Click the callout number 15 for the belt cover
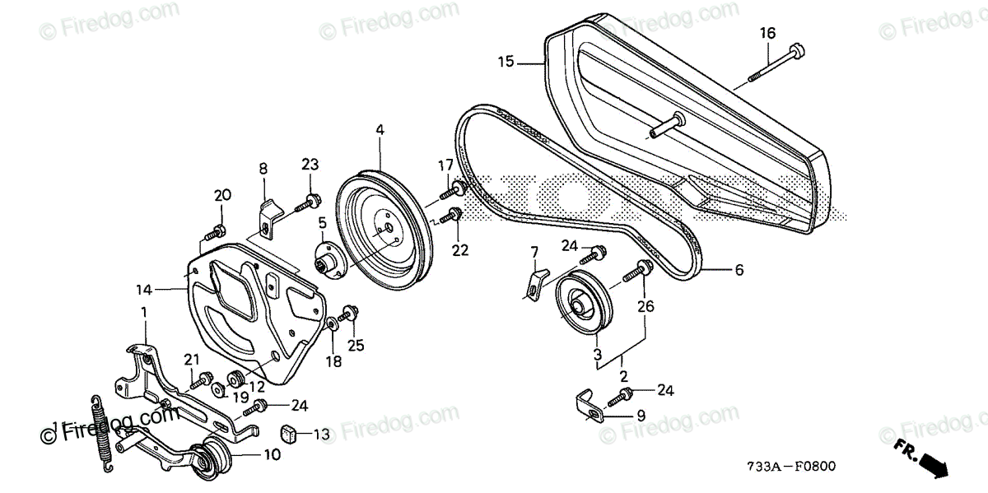pos(506,61)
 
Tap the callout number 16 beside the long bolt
pos(767,34)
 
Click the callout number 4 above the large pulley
pos(380,130)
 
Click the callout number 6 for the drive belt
pos(739,269)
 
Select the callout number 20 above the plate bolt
pos(222,195)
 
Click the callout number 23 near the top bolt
pos(310,164)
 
